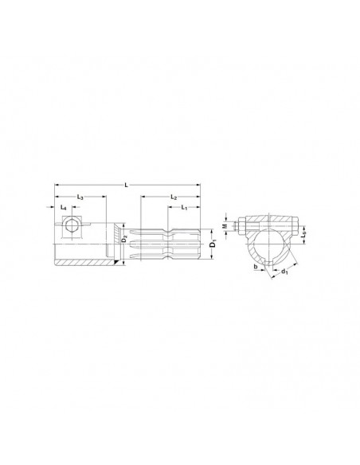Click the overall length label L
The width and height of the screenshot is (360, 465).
(127, 186)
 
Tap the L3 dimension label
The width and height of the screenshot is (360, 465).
(80, 197)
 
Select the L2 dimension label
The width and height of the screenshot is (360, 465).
(174, 197)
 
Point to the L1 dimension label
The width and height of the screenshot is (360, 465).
(184, 208)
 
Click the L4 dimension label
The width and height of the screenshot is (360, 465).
(64, 208)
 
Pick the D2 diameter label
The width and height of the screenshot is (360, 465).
(125, 238)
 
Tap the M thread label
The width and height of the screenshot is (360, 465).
(225, 226)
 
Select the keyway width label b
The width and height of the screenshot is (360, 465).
(256, 267)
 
